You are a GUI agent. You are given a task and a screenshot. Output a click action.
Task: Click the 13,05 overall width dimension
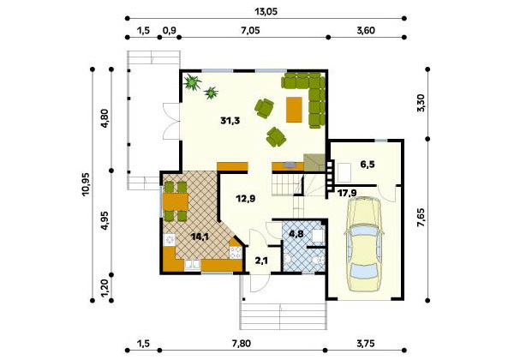(266, 12)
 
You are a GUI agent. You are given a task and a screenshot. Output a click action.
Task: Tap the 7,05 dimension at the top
(250, 31)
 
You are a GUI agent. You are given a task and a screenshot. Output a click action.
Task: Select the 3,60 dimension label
(366, 31)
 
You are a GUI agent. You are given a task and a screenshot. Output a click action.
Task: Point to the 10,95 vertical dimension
(87, 184)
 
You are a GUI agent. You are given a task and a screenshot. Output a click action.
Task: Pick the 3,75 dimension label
(366, 344)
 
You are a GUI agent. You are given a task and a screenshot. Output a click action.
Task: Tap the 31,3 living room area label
(230, 121)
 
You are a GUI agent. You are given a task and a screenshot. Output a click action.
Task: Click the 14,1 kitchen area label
(200, 237)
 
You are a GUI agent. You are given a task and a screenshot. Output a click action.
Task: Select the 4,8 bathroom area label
(296, 234)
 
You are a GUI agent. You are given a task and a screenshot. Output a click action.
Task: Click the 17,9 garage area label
(347, 193)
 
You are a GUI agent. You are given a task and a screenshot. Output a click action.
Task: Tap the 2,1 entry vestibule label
(261, 261)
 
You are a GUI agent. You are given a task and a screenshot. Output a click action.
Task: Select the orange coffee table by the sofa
(294, 110)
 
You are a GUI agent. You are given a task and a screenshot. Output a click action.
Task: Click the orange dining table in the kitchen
(176, 201)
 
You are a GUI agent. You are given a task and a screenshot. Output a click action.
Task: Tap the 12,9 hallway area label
(246, 198)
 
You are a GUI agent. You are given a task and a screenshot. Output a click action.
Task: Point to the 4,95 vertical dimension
(105, 222)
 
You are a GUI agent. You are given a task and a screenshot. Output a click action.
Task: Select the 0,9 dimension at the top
(170, 31)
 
